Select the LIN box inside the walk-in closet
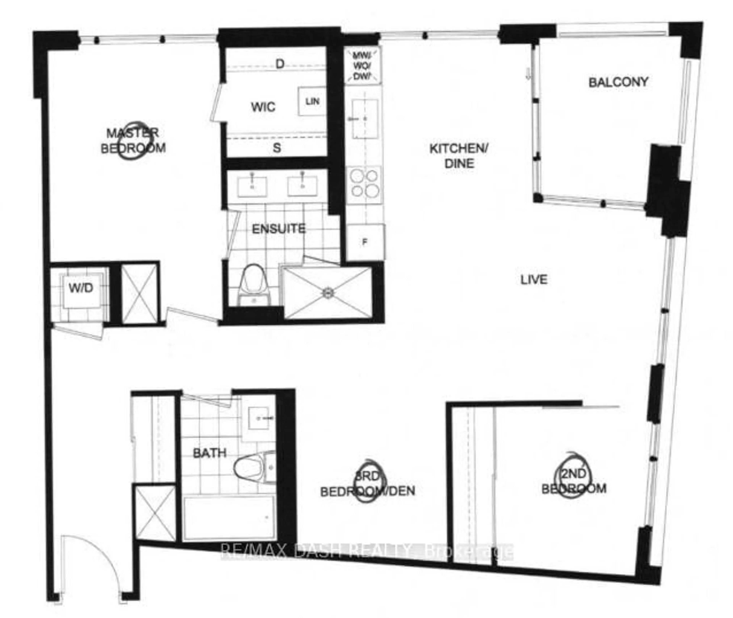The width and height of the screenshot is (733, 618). point(312,101)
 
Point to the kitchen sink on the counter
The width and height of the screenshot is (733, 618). point(365,118)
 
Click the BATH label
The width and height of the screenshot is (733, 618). point(210,453)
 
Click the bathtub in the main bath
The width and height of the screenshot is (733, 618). point(229,519)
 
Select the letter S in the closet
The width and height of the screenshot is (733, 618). point(277,148)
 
